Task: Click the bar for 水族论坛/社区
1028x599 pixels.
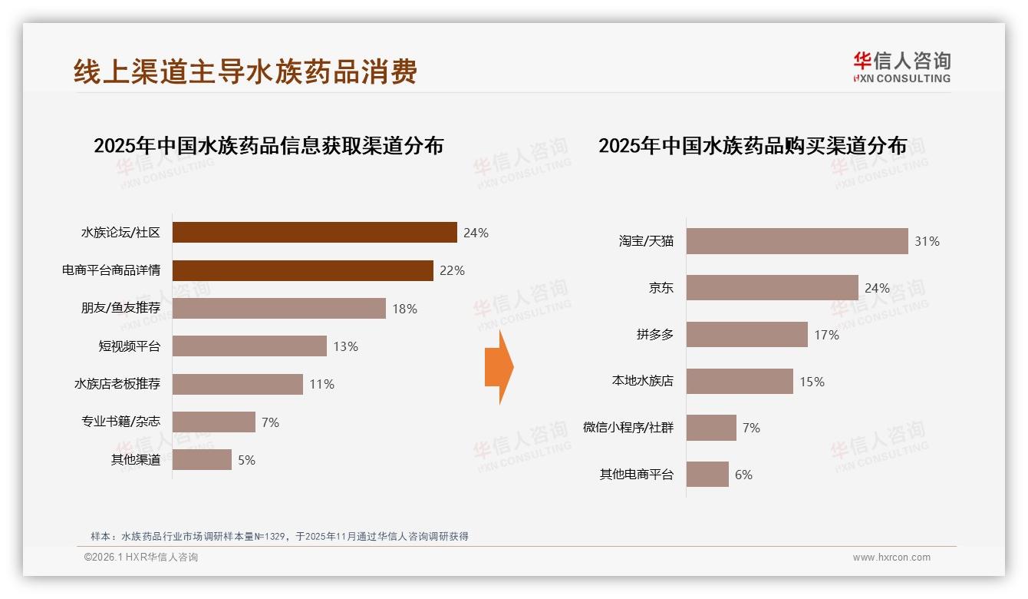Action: [x=315, y=233]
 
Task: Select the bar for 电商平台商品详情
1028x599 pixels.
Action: [x=302, y=270]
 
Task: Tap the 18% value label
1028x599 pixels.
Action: [x=404, y=309]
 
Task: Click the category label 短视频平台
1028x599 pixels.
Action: [x=130, y=346]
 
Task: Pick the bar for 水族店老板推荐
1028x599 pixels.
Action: [x=237, y=384]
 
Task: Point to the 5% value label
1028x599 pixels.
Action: [x=246, y=461]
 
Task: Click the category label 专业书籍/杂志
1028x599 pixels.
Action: [x=121, y=422]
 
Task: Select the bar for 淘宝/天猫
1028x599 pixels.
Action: [x=796, y=241]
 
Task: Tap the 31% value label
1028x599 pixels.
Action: [x=927, y=241]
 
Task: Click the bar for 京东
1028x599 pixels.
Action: [x=772, y=288]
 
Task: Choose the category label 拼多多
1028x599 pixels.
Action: [x=654, y=335]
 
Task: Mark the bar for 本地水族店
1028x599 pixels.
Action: [x=740, y=382]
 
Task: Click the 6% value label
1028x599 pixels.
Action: [x=743, y=475]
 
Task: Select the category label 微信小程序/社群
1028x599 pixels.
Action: [x=628, y=428]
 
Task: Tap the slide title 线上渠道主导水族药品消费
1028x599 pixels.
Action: [x=245, y=71]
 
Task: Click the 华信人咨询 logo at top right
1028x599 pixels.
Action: [x=901, y=68]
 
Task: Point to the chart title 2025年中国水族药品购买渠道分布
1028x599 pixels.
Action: [x=753, y=146]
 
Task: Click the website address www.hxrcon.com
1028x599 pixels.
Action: [x=891, y=558]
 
